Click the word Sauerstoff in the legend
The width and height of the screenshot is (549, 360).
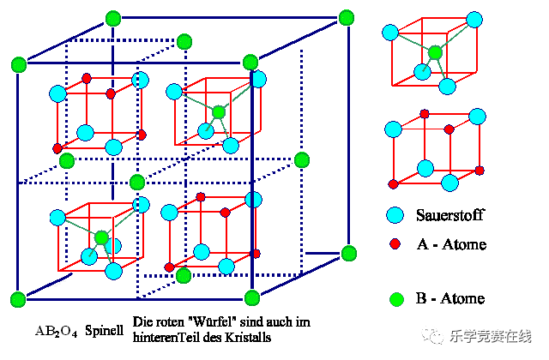coord(451,216)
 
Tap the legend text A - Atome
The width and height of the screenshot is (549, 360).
coord(451,245)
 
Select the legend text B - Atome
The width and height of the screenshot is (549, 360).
coord(450,298)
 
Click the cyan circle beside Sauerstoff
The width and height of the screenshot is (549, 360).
coord(395,216)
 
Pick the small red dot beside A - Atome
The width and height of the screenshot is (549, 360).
coord(395,244)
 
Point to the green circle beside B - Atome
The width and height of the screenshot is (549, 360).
coord(395,299)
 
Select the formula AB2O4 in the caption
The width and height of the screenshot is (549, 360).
coord(55,330)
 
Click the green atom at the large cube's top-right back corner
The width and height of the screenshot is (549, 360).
coord(347,17)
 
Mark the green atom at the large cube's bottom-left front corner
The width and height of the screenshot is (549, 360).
coord(17,298)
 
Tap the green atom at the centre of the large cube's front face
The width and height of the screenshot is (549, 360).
coord(136,182)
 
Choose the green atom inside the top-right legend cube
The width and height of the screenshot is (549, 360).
coord(436,52)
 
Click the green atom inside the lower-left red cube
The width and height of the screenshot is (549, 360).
coord(102,237)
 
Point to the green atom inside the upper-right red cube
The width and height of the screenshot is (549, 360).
coord(220,111)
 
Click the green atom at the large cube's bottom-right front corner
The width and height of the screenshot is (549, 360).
coord(252,297)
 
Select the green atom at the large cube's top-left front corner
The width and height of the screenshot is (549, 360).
coord(17,63)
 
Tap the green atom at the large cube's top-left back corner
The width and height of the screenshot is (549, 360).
coord(112,17)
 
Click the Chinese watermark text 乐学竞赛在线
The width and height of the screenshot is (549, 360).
coord(492,336)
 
